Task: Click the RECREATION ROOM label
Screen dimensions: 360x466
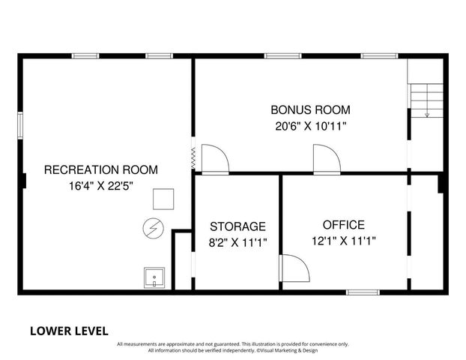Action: click(100, 169)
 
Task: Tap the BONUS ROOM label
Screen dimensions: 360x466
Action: click(310, 109)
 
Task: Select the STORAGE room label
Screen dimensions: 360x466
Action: click(237, 226)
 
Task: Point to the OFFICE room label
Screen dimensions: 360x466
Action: click(343, 224)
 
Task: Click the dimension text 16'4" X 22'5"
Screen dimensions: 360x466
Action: click(100, 186)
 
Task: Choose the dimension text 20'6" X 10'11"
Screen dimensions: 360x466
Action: click(310, 126)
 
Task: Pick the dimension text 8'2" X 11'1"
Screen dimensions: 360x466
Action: click(237, 241)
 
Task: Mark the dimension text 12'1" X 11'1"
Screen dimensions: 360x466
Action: click(343, 241)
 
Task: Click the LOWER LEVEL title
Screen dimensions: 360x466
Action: click(69, 330)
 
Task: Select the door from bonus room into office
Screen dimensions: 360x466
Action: click(326, 159)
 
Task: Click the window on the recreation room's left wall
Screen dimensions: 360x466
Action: click(20, 124)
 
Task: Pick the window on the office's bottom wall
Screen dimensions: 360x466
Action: click(363, 292)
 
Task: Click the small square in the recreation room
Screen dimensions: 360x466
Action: click(163, 199)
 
